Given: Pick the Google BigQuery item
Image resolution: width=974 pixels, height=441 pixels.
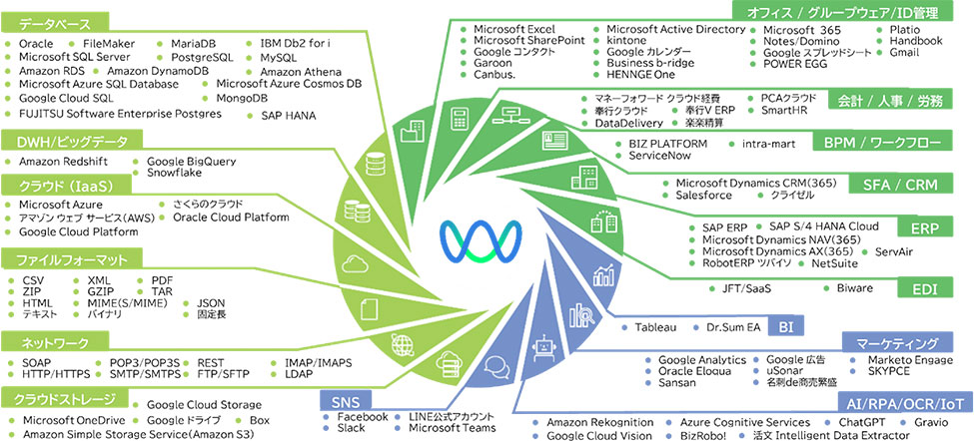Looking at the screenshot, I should point(191,160).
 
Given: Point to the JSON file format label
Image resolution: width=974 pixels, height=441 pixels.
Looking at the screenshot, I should point(211,301).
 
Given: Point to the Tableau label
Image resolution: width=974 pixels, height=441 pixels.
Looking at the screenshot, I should point(655,327).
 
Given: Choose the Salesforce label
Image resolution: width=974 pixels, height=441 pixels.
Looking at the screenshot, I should point(709,197).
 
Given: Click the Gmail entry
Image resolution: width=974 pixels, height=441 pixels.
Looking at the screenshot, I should point(904,52).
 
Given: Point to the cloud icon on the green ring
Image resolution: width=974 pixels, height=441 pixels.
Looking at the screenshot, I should point(356,263).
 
